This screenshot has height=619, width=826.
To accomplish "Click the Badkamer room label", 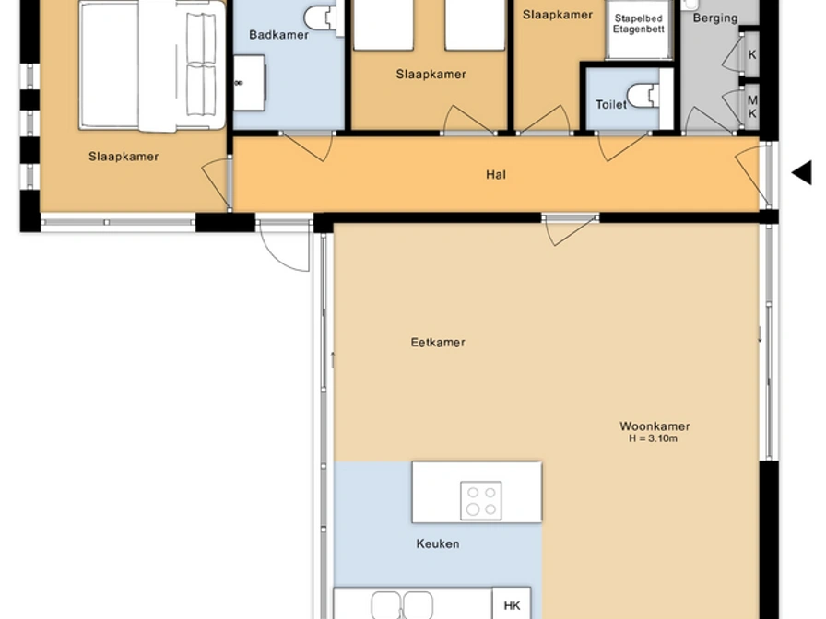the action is click(x=278, y=35).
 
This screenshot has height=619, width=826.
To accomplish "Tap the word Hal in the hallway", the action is click(x=496, y=174).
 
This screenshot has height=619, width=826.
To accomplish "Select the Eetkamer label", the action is click(x=438, y=342).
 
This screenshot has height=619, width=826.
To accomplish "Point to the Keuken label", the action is click(x=438, y=543).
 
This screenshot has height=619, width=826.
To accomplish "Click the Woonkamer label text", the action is click(x=655, y=426).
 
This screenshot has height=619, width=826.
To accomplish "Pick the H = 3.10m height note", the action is click(x=654, y=438).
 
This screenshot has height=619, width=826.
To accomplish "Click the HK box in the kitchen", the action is click(x=512, y=603).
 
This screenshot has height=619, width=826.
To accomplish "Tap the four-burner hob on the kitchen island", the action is click(x=481, y=500).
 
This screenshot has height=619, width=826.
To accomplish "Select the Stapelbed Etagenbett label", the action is click(x=639, y=24).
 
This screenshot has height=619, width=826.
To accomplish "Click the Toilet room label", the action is click(x=611, y=105).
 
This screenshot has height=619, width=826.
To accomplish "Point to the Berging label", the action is click(x=714, y=18).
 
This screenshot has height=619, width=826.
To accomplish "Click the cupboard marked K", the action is click(x=751, y=54).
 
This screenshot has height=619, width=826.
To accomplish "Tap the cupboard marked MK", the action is click(x=751, y=107).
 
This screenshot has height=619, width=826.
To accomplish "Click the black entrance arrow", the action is click(x=802, y=173).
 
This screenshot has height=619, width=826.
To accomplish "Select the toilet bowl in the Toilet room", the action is click(x=643, y=95).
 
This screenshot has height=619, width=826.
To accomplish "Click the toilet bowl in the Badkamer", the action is click(x=324, y=18).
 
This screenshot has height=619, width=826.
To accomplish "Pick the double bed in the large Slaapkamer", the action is click(x=153, y=65).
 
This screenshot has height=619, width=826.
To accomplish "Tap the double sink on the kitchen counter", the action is click(x=402, y=605).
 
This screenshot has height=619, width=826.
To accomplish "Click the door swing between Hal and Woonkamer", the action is click(x=570, y=230).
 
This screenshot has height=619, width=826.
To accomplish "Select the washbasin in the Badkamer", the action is click(x=249, y=83).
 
